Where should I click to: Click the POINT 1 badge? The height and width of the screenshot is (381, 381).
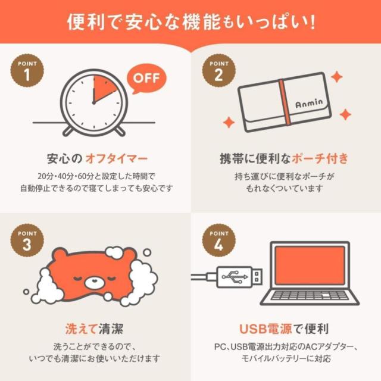click(x=27, y=70)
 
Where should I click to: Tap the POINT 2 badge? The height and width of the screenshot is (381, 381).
click(x=219, y=70)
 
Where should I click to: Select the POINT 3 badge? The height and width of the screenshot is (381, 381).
click(x=27, y=241)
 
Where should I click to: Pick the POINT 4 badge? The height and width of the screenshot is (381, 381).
click(x=219, y=241)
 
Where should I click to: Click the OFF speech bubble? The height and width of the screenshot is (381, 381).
click(x=146, y=79)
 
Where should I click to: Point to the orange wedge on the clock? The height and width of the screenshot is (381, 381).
click(x=103, y=88)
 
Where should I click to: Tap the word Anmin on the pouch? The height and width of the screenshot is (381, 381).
click(x=309, y=103)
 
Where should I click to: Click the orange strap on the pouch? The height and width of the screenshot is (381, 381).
click(x=285, y=102)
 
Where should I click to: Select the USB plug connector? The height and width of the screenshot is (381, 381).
click(x=239, y=277)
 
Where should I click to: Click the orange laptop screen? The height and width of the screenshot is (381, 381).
click(x=310, y=266)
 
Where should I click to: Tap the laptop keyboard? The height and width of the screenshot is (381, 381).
click(x=310, y=295)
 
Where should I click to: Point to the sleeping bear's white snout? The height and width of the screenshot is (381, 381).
click(x=94, y=282)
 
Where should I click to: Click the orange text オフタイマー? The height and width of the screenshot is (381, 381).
click(x=117, y=159)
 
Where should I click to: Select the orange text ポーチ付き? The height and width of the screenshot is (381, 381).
click(x=320, y=159)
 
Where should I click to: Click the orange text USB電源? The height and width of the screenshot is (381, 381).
click(x=266, y=329)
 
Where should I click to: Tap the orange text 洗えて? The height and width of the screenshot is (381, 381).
click(x=82, y=329)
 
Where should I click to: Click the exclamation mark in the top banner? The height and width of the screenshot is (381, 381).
click(x=312, y=23)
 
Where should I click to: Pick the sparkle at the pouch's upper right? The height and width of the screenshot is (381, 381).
click(x=337, y=77)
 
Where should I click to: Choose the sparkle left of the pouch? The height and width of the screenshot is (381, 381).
click(x=229, y=122)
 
